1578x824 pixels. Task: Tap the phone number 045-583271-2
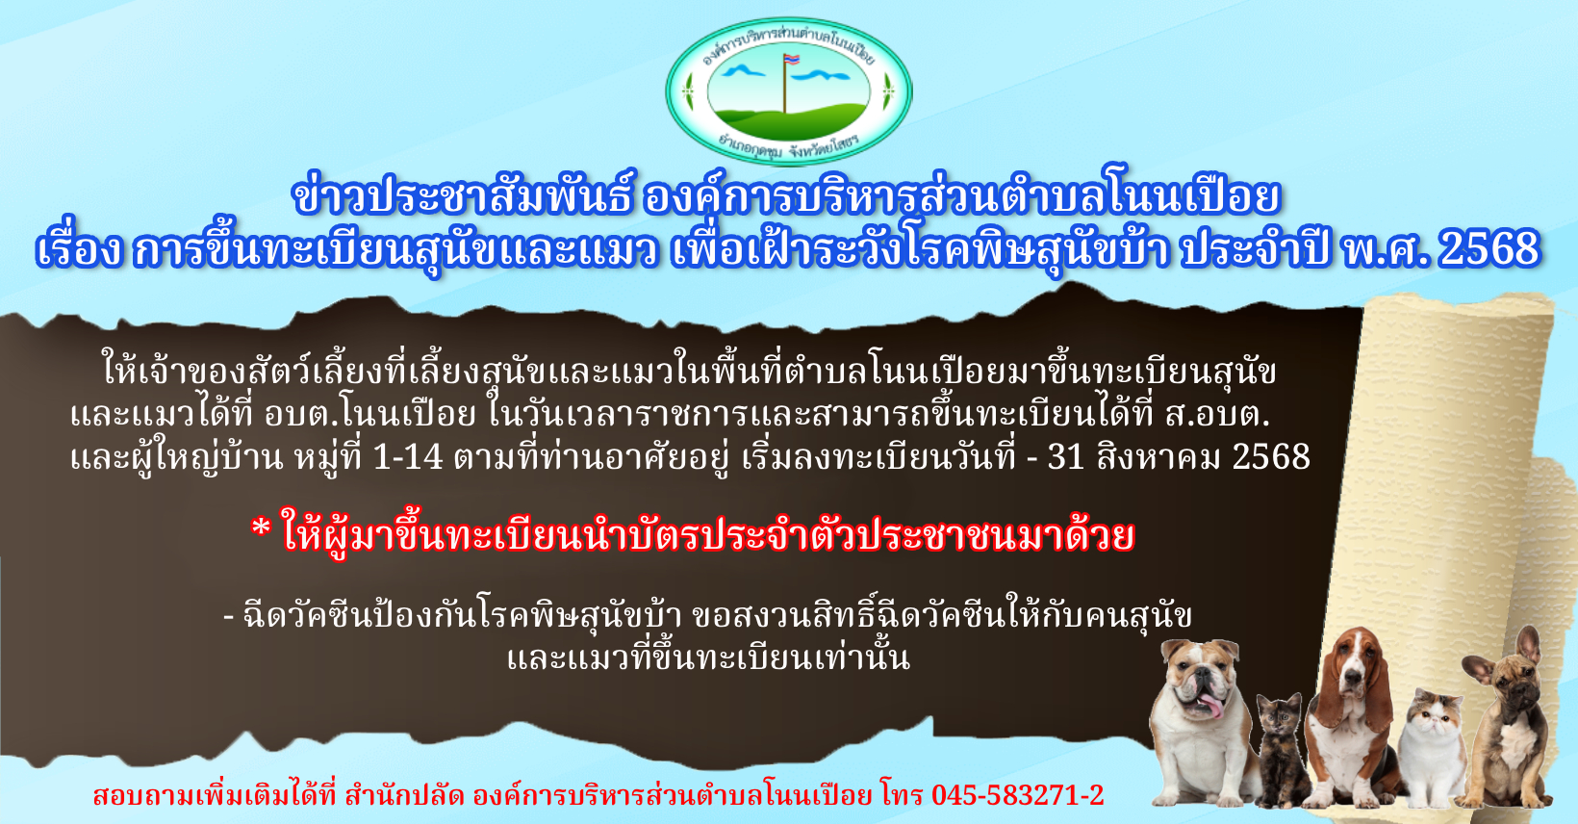click(x=1017, y=795)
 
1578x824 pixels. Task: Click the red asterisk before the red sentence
click(x=261, y=528)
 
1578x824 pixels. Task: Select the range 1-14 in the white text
click(x=407, y=456)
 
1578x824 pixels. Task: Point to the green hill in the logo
click(x=789, y=122)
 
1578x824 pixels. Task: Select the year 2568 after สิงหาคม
click(x=1271, y=456)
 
